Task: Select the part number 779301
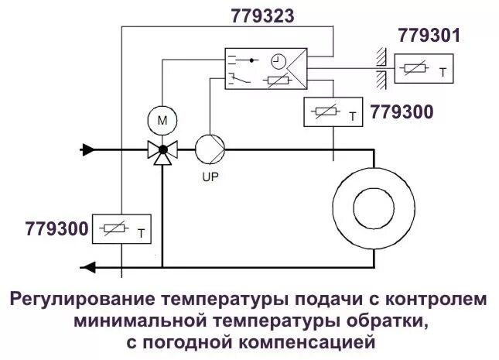coord(429,36)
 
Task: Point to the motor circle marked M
coord(162,120)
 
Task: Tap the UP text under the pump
coord(209,177)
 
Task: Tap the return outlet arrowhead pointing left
coord(88,268)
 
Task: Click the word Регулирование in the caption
coord(83,299)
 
